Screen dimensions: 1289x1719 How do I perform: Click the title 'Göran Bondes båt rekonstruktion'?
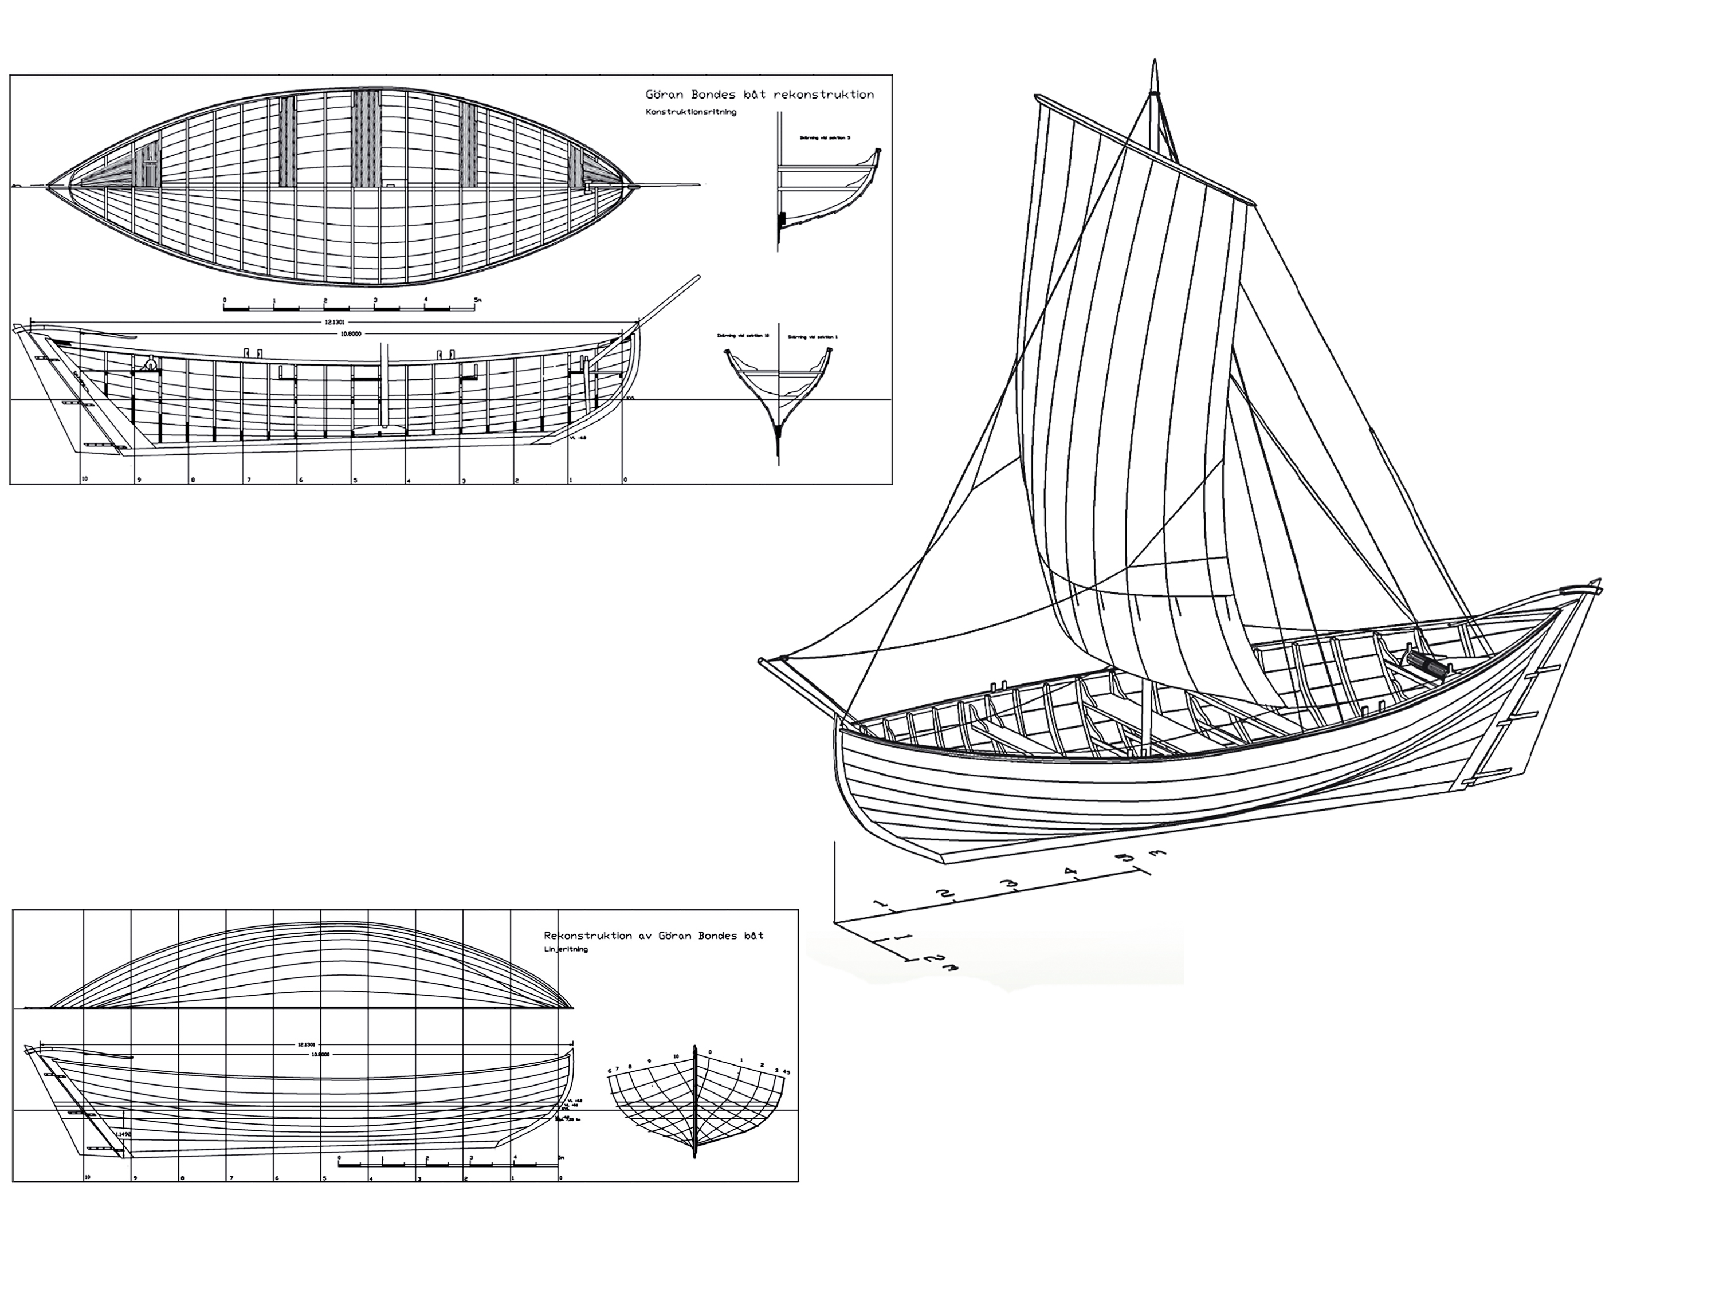tap(759, 95)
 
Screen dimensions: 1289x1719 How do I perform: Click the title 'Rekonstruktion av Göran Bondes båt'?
tap(654, 936)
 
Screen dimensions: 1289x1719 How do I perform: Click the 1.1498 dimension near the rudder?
tap(122, 1135)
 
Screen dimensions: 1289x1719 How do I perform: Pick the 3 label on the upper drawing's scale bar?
tap(375, 300)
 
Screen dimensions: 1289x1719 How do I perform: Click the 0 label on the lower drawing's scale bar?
tap(340, 1158)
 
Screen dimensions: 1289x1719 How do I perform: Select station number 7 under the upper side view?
tap(249, 480)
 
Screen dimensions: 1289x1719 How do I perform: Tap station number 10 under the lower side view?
tap(88, 1178)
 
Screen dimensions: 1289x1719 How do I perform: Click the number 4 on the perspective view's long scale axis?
tap(1070, 873)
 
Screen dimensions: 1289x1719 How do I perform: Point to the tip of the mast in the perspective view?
tap(1154, 62)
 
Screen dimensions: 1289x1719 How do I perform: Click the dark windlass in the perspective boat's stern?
tap(1423, 663)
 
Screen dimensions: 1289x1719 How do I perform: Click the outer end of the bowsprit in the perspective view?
tap(762, 661)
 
